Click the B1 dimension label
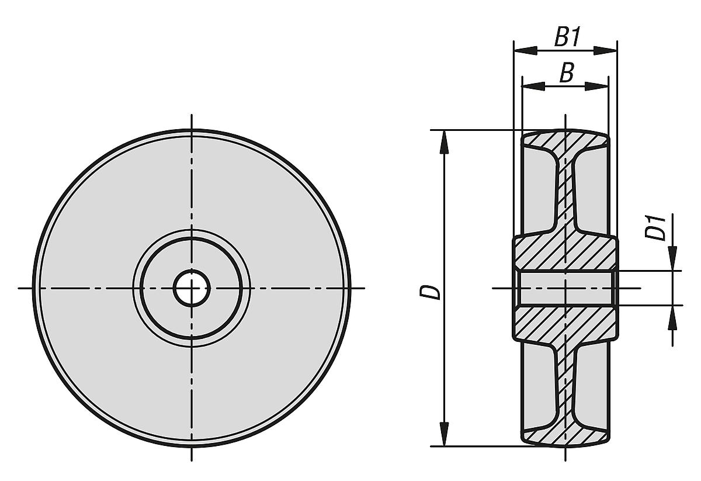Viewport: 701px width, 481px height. [565, 38]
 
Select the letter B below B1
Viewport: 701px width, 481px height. [565, 74]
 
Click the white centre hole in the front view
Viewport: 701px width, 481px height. [192, 288]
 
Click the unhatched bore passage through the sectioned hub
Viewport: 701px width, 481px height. [565, 288]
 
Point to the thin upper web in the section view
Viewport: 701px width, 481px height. [565, 193]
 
